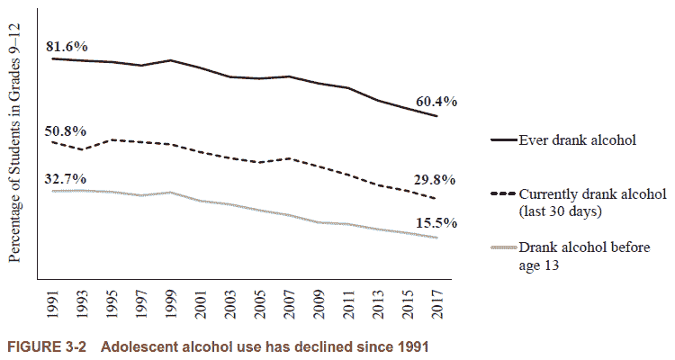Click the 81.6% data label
[x=68, y=46]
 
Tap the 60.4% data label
[x=436, y=102]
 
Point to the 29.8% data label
[x=436, y=179]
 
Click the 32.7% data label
[x=67, y=178]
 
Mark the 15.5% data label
[x=436, y=222]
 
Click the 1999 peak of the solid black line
[x=171, y=60]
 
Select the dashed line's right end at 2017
[x=436, y=199]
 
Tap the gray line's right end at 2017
[x=436, y=238]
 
